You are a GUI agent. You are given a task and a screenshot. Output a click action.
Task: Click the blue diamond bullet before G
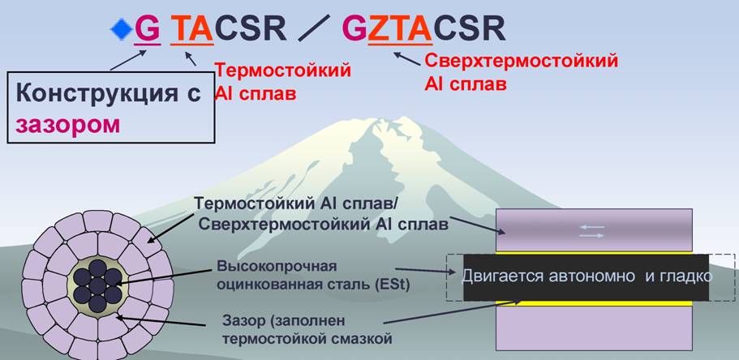click(121, 29)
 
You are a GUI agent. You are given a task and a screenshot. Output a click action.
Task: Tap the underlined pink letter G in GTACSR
click(147, 29)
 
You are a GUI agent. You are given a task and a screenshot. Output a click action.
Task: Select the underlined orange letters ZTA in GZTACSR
click(400, 29)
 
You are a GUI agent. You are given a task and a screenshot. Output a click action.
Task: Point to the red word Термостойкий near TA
click(283, 71)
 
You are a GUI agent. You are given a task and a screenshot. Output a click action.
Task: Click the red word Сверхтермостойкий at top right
click(522, 61)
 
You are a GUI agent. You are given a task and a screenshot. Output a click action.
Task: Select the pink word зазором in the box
click(68, 126)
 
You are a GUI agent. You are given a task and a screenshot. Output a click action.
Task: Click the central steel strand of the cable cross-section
click(97, 285)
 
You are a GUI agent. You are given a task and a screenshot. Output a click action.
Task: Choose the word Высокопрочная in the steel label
click(277, 267)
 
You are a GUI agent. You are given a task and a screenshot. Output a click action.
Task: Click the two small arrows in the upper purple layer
click(591, 231)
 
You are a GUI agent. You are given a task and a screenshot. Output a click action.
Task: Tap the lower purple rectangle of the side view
click(594, 328)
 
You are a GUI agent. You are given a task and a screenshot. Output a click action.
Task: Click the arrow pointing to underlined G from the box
click(129, 60)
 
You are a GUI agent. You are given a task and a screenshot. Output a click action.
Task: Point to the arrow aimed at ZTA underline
click(406, 58)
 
